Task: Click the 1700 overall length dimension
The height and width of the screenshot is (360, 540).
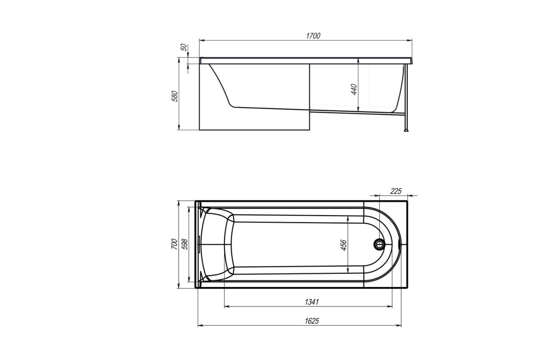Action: pyautogui.click(x=313, y=36)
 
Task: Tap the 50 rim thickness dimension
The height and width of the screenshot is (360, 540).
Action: pyautogui.click(x=184, y=47)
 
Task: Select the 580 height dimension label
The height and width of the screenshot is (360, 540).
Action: pyautogui.click(x=175, y=96)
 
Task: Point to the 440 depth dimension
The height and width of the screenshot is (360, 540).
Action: pyautogui.click(x=354, y=89)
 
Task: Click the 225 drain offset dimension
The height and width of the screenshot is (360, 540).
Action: pyautogui.click(x=396, y=191)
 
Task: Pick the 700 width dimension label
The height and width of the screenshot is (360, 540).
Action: pyautogui.click(x=174, y=244)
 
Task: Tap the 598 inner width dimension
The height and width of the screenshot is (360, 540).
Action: pyautogui.click(x=184, y=244)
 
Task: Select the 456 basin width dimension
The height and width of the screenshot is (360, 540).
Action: pyautogui.click(x=343, y=245)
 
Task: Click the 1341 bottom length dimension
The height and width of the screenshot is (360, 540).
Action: pyautogui.click(x=312, y=302)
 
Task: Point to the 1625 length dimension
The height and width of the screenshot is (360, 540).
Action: pyautogui.click(x=312, y=321)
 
